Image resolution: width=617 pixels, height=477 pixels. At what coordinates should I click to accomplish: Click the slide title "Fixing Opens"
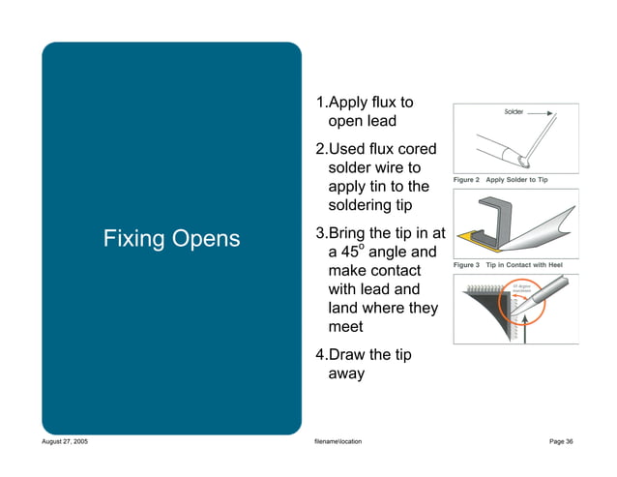pyautogui.click(x=172, y=239)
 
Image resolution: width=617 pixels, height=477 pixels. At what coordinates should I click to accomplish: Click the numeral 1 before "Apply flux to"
pyautogui.click(x=321, y=103)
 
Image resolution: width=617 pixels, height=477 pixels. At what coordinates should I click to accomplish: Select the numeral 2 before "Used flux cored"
pyautogui.click(x=321, y=150)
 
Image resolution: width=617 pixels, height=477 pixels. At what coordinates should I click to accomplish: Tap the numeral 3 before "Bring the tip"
pyautogui.click(x=321, y=233)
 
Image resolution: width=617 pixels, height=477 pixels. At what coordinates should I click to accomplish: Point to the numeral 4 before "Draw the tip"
pyautogui.click(x=321, y=355)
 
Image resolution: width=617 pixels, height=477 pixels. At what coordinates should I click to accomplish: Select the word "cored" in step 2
pyautogui.click(x=417, y=150)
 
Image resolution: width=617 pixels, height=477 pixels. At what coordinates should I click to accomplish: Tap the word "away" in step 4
pyautogui.click(x=346, y=373)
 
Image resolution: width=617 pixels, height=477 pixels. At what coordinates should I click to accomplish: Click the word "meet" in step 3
pyautogui.click(x=347, y=327)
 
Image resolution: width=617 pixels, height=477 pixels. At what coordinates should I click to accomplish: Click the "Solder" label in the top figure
pyautogui.click(x=514, y=112)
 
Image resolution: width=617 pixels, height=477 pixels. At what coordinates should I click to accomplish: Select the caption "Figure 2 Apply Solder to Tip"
pyautogui.click(x=508, y=180)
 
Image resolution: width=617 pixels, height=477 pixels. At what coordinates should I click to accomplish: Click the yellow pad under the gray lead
pyautogui.click(x=468, y=236)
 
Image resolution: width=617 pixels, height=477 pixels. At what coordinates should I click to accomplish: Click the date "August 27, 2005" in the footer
pyautogui.click(x=65, y=441)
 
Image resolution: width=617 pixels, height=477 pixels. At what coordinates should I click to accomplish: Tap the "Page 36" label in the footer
pyautogui.click(x=560, y=441)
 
